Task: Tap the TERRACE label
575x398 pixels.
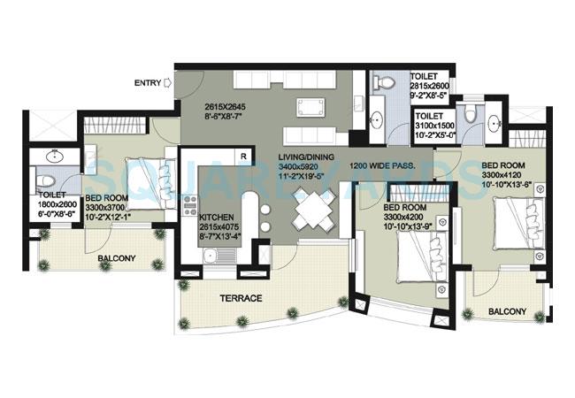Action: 240,299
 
